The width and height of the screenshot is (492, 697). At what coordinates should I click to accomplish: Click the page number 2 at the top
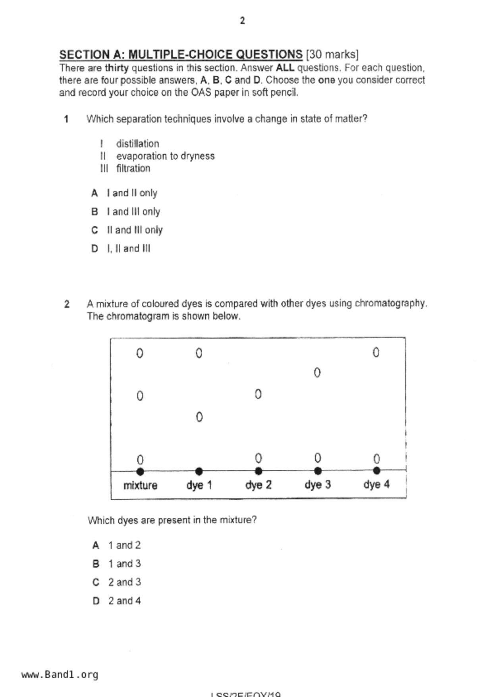pyautogui.click(x=242, y=21)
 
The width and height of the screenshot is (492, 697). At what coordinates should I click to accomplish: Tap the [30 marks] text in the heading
pyautogui.click(x=332, y=54)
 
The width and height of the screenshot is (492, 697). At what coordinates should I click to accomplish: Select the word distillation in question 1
pyautogui.click(x=137, y=143)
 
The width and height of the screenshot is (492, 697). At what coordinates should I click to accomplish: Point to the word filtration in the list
pyautogui.click(x=133, y=168)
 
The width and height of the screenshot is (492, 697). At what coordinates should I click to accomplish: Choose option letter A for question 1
pyautogui.click(x=95, y=193)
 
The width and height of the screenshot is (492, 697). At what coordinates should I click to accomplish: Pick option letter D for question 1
pyautogui.click(x=95, y=249)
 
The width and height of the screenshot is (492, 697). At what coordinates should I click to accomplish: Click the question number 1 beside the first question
pyautogui.click(x=66, y=119)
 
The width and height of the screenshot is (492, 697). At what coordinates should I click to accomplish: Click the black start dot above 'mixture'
pyautogui.click(x=140, y=472)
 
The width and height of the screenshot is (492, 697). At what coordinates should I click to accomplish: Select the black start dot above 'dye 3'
pyautogui.click(x=318, y=471)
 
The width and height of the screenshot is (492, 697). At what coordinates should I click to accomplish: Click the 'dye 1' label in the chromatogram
pyautogui.click(x=199, y=485)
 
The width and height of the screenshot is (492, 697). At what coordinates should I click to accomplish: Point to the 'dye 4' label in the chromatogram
pyautogui.click(x=376, y=484)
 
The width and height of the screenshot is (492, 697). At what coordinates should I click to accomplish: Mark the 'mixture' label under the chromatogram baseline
pyautogui.click(x=140, y=485)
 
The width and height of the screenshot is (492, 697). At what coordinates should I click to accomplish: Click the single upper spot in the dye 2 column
pyautogui.click(x=258, y=394)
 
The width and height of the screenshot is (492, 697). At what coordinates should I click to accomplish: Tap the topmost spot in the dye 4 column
pyautogui.click(x=376, y=352)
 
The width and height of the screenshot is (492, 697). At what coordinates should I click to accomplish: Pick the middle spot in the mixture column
pyautogui.click(x=140, y=396)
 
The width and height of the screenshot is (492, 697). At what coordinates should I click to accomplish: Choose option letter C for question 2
pyautogui.click(x=96, y=583)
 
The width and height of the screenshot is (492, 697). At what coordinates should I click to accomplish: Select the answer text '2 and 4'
pyautogui.click(x=124, y=601)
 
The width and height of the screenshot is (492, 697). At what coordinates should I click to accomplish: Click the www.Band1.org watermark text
pyautogui.click(x=60, y=675)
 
